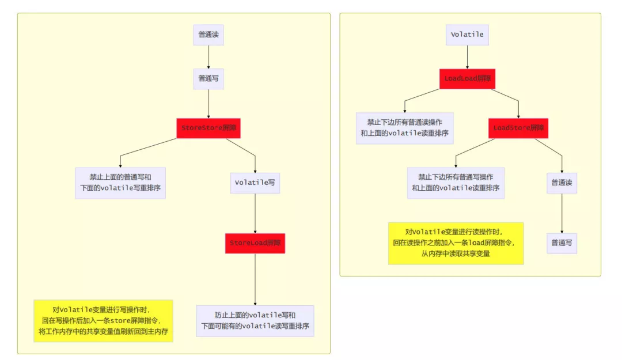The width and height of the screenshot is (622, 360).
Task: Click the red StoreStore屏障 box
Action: pos(208,128)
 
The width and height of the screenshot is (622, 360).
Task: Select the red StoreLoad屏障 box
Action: pos(255,243)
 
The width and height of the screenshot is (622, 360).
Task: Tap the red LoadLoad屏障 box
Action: pos(468,78)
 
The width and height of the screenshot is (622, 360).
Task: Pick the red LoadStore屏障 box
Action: pos(518,128)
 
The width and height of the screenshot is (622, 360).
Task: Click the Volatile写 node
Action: pos(255,183)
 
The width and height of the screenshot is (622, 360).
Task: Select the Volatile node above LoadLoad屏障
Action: pos(467,35)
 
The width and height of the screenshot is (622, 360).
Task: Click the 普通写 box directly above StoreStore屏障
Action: pos(208,78)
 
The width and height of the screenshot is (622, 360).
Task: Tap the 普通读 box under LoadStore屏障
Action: pos(562,183)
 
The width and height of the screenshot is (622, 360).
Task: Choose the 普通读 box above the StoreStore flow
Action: pos(208,35)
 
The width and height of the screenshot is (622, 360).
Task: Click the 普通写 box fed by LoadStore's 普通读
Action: pos(562,243)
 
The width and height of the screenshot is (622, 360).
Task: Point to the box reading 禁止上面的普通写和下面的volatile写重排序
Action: pos(120,183)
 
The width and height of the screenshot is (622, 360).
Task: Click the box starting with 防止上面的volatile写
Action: pos(255,321)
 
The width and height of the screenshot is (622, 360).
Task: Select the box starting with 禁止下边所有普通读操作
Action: pos(405,128)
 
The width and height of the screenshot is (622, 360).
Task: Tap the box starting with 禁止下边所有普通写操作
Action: pos(456,183)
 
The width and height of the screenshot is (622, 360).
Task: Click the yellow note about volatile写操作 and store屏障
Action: pos(103,321)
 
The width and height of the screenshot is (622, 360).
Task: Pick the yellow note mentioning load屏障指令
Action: pos(456,243)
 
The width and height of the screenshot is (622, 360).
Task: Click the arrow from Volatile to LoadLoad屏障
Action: pos(467,56)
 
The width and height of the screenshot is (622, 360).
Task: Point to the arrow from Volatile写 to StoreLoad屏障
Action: pos(255,213)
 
